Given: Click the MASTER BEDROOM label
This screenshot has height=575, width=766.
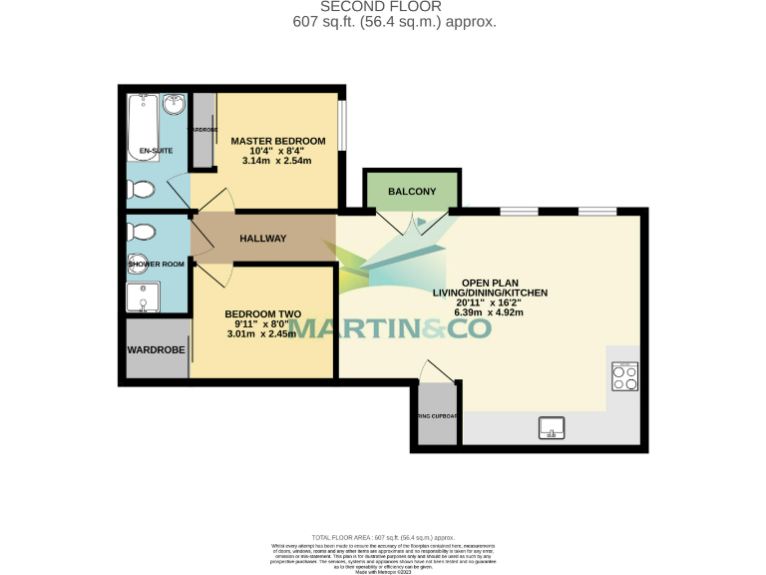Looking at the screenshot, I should coord(278,140).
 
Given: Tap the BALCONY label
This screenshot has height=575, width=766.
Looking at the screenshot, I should coord(412,191).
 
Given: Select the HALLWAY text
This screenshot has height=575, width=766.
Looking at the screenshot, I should coord(263,239).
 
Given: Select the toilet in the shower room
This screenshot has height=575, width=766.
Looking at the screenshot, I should coord(140,233).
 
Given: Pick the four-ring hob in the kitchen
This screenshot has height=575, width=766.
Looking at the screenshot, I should coord(624,376).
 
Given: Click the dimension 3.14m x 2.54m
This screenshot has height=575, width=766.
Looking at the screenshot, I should coord(277,161).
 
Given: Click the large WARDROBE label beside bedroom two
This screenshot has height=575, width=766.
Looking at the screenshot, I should coord(156,350).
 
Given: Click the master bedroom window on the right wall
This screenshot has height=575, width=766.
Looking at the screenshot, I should coord(342,124).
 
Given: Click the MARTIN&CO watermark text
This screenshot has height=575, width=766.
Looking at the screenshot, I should coord(391,326).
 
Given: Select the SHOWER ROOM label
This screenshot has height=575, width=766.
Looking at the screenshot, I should coord(157,264).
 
